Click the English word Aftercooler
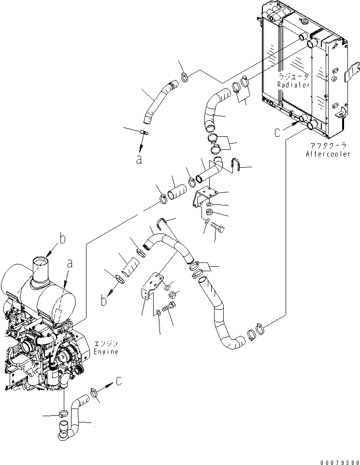[x=328, y=154]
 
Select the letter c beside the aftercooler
[x=277, y=132]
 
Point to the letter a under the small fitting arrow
[x=139, y=160]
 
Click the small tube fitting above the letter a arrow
[x=144, y=131]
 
